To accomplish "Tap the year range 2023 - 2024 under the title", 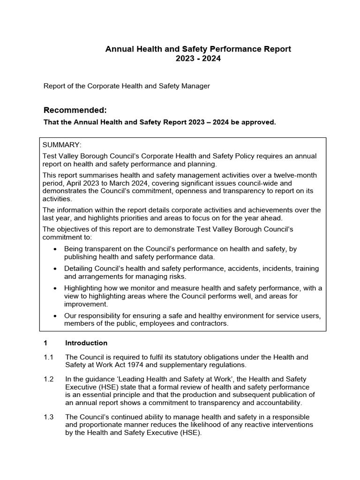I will click(x=197, y=59).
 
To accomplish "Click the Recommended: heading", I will click(x=75, y=110).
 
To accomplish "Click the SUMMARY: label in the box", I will click(x=62, y=145).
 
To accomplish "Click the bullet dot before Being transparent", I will click(x=56, y=249).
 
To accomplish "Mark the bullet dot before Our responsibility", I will click(x=56, y=316).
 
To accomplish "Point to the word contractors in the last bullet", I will click(x=208, y=324).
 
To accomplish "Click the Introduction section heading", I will click(x=86, y=343).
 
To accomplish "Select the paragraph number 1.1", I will click(x=49, y=357).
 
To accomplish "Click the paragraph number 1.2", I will click(x=49, y=379).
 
